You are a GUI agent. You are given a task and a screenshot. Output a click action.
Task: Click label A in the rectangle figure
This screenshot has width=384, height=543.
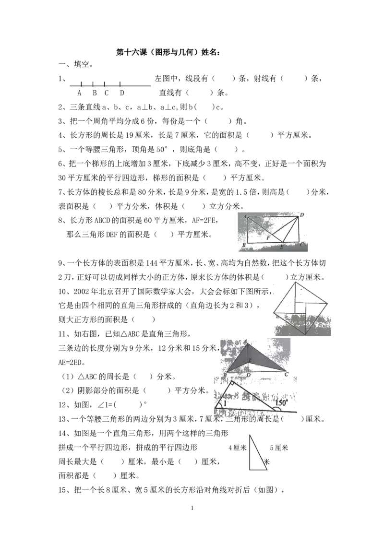(x=244, y=216)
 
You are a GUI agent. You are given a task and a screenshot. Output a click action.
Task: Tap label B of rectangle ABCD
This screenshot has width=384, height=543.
(x=244, y=246)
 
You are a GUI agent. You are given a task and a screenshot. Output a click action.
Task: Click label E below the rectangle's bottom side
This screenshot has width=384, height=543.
(x=282, y=247)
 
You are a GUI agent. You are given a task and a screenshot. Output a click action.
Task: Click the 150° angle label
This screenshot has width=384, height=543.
(x=282, y=403)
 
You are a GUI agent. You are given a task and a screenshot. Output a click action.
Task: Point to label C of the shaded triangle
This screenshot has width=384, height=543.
(x=287, y=374)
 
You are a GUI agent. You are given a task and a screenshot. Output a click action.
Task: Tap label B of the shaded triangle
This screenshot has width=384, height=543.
(x=225, y=374)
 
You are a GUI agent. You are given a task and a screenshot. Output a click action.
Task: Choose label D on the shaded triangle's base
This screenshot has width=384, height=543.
(x=248, y=375)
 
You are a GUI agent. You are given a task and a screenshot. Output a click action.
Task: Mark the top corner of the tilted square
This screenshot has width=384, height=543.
(x=296, y=282)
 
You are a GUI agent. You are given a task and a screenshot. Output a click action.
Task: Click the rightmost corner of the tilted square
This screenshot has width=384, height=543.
(x=329, y=303)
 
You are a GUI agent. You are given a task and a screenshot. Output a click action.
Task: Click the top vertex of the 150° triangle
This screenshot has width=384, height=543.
(x=231, y=382)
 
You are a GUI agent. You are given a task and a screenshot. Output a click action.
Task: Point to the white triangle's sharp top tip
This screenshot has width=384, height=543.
(x=251, y=436)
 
